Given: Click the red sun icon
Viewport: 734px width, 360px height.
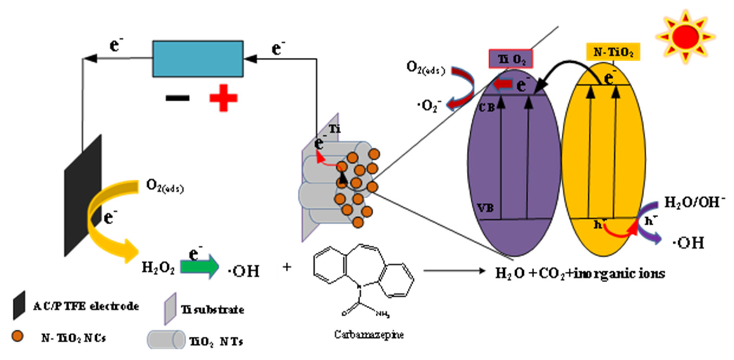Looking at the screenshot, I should (685, 36).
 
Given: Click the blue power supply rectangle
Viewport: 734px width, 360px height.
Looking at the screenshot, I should (198, 59).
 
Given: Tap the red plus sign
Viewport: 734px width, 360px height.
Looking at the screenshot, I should (223, 98).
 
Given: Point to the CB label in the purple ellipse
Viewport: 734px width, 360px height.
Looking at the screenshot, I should (487, 107).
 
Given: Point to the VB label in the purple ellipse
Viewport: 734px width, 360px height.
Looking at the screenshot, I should (486, 208).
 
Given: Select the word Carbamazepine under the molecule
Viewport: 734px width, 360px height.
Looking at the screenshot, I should (369, 334).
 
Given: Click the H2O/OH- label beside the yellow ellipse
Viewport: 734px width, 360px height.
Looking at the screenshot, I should (694, 202).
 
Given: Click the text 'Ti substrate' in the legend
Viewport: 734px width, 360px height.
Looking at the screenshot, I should (212, 310).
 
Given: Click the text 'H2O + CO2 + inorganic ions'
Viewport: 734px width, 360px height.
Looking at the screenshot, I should (580, 273).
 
